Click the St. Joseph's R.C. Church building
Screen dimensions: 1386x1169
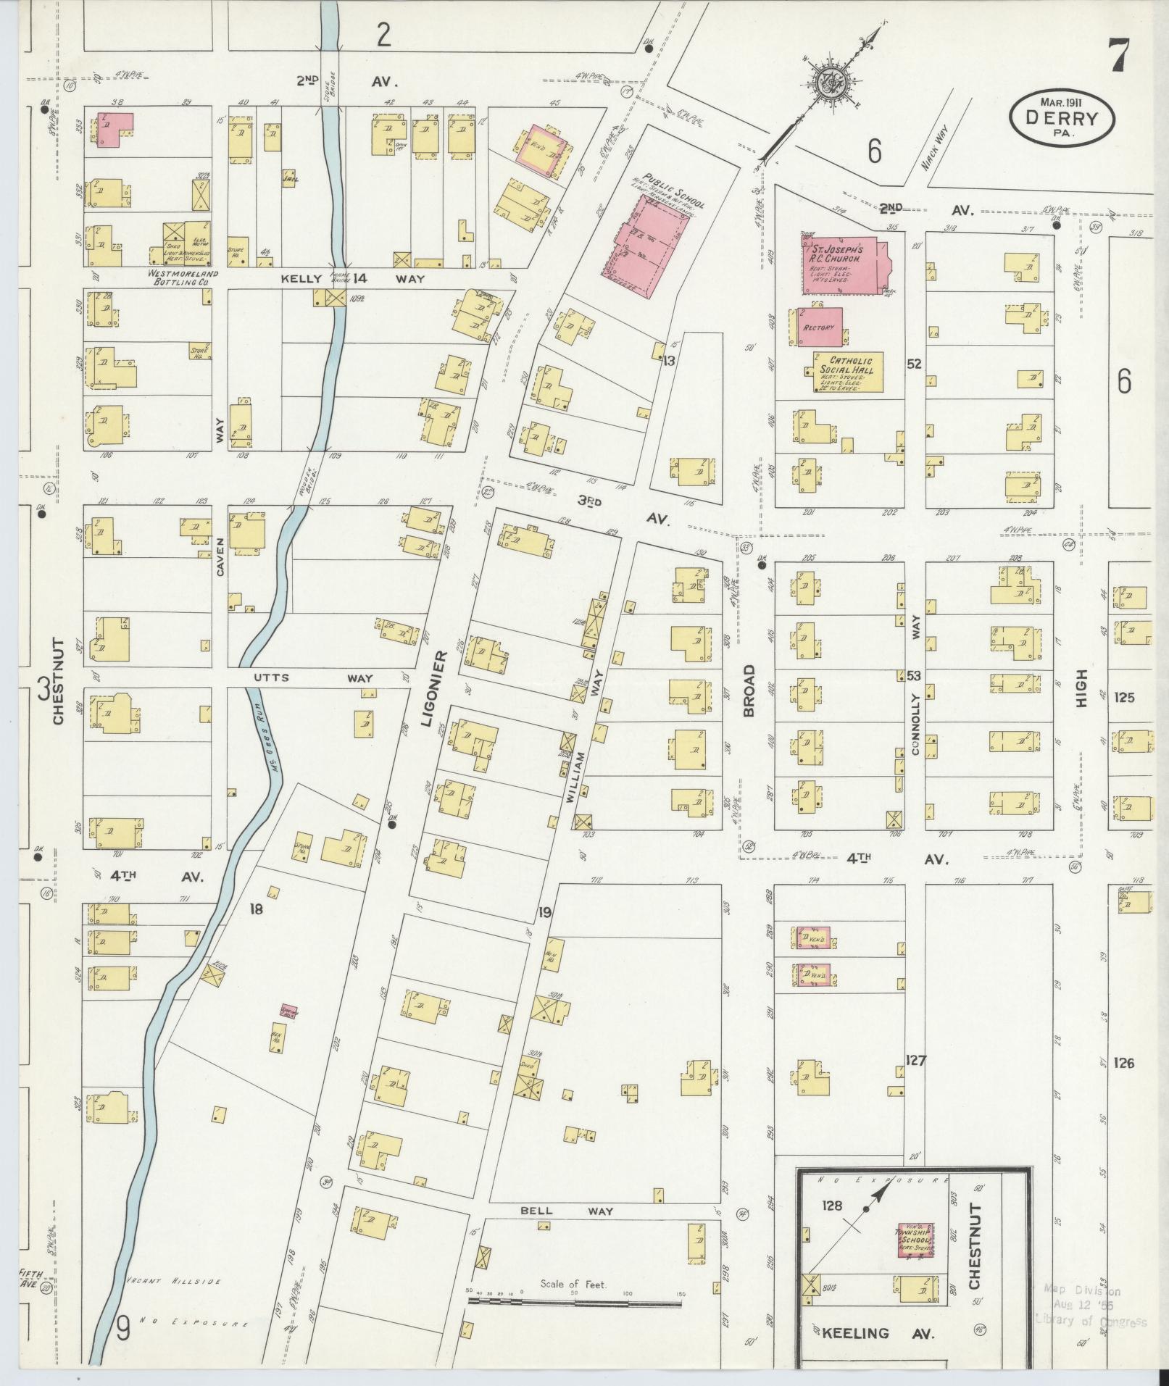pos(844,264)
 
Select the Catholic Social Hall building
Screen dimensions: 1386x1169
pos(847,372)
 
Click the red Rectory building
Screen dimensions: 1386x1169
pos(821,327)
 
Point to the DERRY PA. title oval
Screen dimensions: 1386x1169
pos(1062,118)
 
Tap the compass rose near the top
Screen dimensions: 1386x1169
pos(826,85)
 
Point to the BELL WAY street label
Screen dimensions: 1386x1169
pos(567,1211)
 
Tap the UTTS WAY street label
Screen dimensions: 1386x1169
pos(313,678)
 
